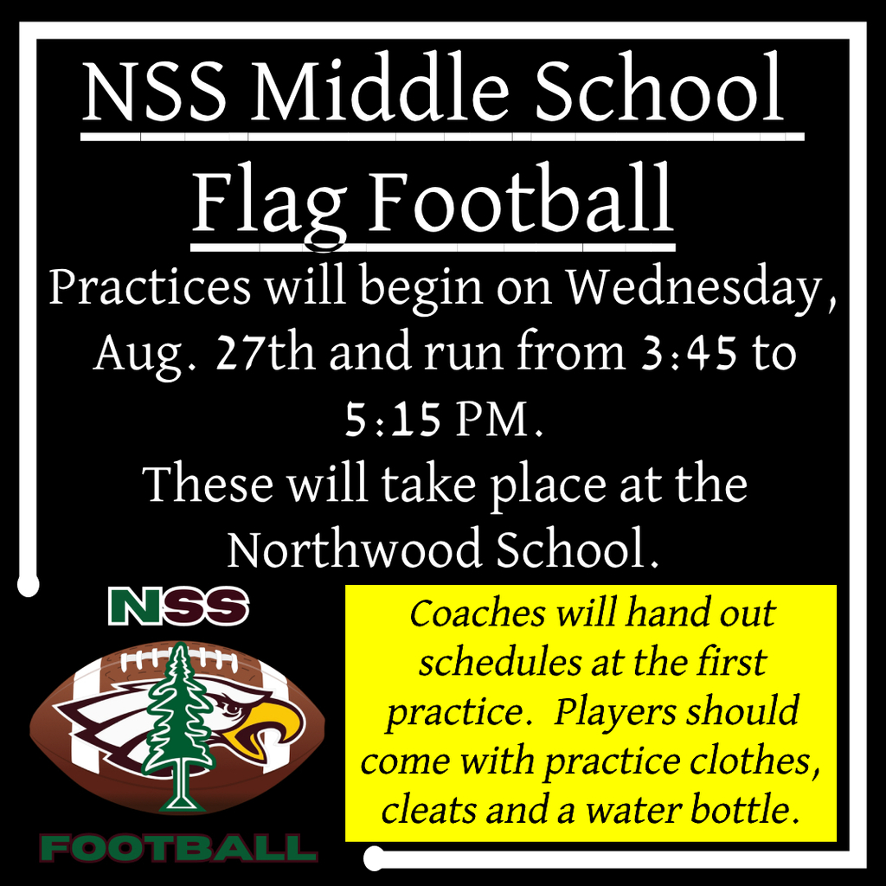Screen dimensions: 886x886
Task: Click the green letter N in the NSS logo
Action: click(x=138, y=607)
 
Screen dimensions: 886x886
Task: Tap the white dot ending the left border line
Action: click(x=29, y=587)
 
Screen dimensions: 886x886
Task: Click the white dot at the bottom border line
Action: click(x=375, y=858)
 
